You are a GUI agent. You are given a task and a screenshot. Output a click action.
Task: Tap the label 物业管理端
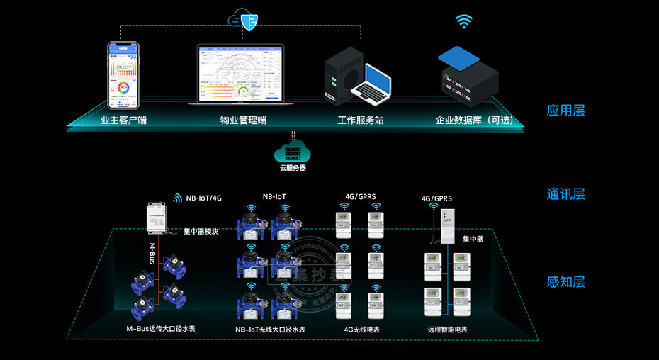243,120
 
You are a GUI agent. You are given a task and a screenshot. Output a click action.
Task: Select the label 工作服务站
360,120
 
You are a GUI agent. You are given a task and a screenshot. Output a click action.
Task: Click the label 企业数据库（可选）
473,120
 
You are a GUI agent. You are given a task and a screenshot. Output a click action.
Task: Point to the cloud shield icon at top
246,21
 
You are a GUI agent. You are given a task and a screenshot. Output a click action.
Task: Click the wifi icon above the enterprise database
464,21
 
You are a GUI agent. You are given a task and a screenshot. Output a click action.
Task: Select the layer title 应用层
565,111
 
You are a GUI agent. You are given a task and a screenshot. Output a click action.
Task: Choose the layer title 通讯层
565,194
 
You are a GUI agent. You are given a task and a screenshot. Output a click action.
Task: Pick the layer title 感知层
565,282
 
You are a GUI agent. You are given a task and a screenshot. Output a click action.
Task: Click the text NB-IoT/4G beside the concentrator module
204,198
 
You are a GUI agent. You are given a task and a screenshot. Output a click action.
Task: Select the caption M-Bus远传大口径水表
159,330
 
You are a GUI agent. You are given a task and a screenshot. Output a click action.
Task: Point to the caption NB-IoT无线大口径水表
271,330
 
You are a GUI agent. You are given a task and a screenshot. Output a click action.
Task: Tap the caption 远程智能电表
447,330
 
